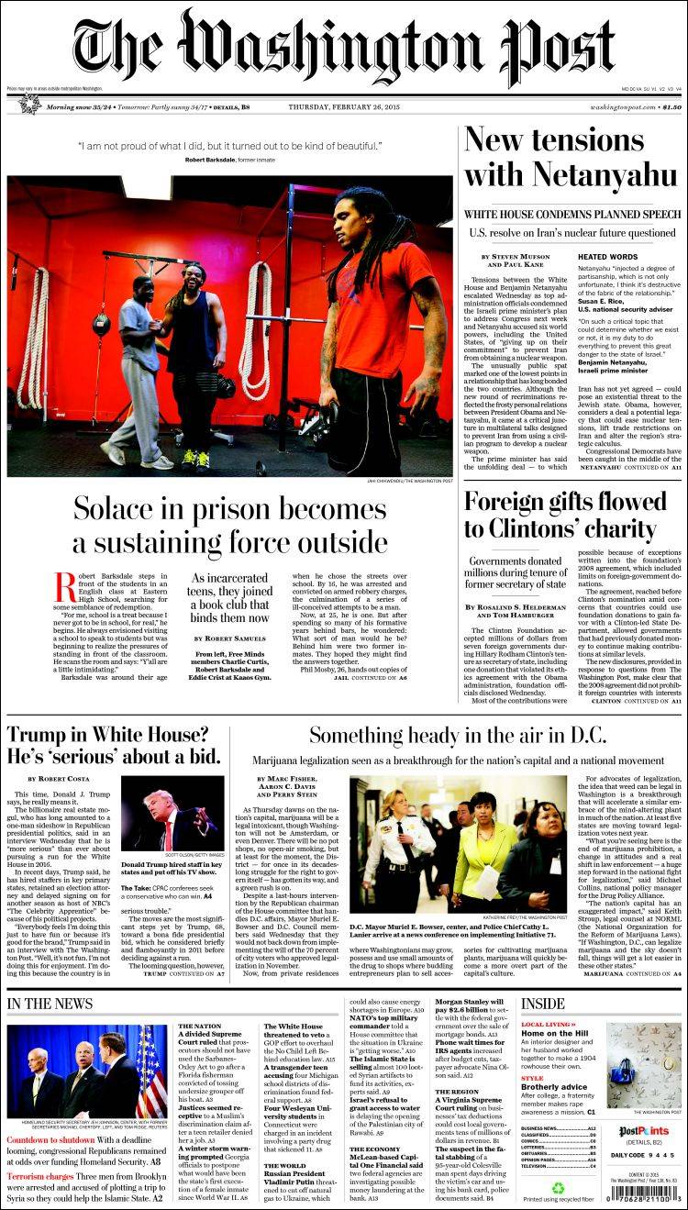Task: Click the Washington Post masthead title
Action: [344, 46]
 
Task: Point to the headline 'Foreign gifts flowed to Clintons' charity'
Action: [565, 516]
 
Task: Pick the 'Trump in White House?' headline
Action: [107, 735]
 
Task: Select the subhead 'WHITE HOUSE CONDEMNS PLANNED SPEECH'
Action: [572, 214]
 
